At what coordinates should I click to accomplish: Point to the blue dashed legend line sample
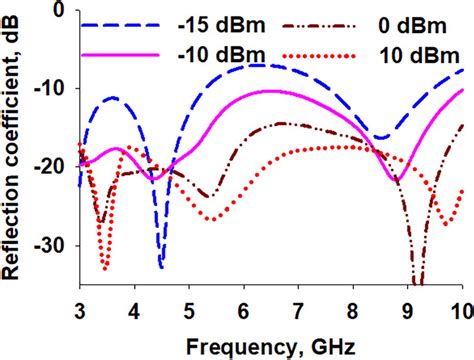[118, 22]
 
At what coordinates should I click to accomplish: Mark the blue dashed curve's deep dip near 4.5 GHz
[160, 266]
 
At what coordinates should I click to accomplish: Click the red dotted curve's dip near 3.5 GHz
[105, 268]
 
